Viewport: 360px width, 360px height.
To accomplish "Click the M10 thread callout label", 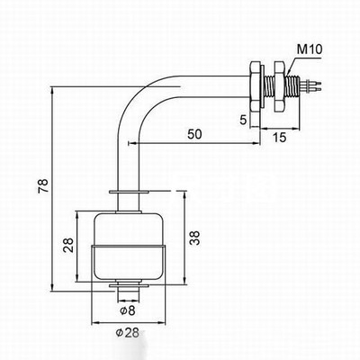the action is pos(310,49).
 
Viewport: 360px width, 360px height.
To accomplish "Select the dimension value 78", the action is pos(43,186).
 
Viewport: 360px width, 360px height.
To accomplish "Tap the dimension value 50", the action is pos(194,134).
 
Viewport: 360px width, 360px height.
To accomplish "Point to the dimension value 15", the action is pos(280,138).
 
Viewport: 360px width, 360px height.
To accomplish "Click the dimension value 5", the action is pos(243,120).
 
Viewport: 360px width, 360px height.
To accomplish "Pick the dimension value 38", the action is pos(195,238).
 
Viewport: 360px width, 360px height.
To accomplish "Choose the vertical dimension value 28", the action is pos(69,245).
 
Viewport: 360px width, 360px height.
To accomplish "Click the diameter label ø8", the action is pos(128,310).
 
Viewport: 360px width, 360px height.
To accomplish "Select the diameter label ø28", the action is pos(128,332).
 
